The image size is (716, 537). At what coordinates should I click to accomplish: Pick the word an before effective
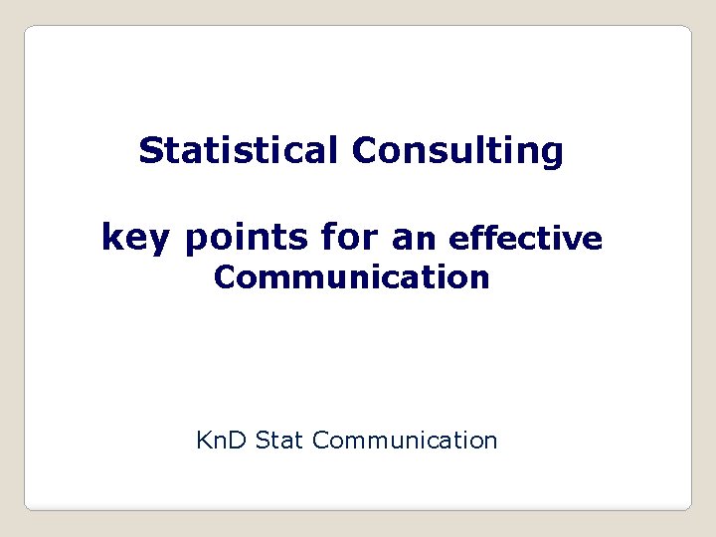415,239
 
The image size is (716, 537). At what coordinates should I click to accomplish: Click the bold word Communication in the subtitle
351,277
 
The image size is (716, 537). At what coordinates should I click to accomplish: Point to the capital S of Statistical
150,151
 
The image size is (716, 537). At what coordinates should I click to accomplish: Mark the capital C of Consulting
363,151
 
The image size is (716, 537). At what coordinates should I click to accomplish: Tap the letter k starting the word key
110,238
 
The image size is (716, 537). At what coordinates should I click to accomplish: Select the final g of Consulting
552,155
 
